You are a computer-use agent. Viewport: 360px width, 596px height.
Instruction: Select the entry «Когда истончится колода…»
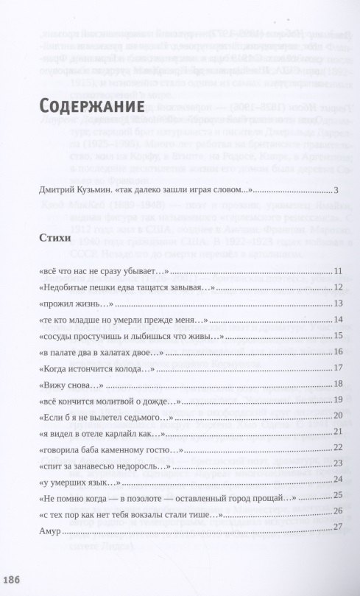99,367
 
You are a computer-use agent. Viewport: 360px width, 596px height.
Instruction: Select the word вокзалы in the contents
151,511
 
